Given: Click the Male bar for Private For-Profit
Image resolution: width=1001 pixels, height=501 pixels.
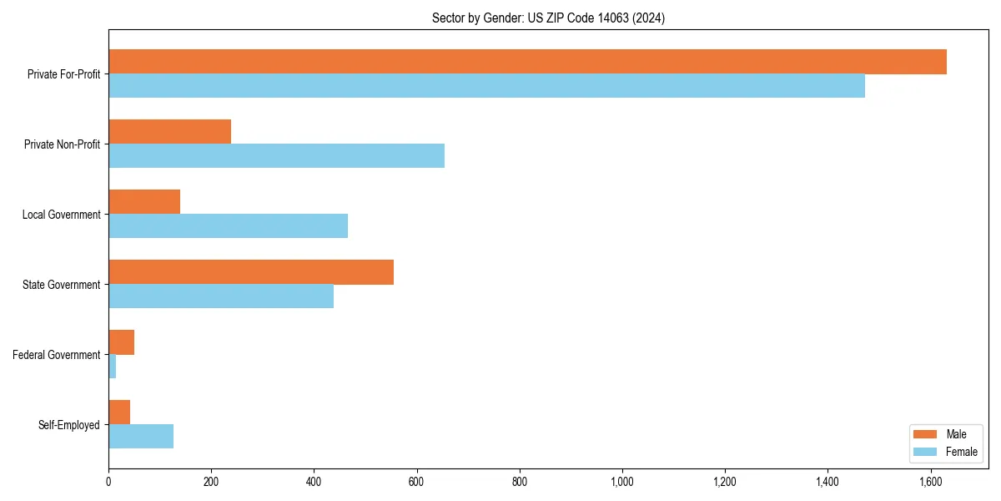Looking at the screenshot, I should [x=527, y=62].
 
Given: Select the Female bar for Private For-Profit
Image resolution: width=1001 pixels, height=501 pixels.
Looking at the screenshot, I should [x=486, y=86].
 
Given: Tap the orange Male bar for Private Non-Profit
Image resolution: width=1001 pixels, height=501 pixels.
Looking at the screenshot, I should [x=169, y=132].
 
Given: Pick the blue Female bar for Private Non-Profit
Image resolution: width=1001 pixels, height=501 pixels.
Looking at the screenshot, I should [x=276, y=156].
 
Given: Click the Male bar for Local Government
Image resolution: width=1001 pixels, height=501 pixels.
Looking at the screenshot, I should [x=144, y=202].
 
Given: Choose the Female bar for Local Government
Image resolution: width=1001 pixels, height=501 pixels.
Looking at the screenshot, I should [x=228, y=226].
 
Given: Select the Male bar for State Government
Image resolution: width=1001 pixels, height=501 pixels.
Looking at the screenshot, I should [x=251, y=272].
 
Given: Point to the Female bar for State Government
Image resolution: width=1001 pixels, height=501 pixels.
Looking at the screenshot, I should [x=221, y=296].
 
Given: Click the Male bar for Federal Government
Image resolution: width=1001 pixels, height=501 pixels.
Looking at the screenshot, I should [x=122, y=342].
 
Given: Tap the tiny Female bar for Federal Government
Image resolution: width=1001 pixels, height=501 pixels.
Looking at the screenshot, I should [x=113, y=367].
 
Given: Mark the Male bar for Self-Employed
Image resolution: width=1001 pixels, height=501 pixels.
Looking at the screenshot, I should [x=119, y=412].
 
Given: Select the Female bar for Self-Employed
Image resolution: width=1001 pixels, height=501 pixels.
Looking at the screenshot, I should [x=141, y=437].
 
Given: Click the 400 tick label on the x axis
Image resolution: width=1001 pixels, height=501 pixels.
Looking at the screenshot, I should [x=314, y=482].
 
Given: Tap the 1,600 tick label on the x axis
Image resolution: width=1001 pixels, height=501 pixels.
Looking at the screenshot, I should [x=930, y=482].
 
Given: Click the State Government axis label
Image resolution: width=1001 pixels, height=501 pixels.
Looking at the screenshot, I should [x=61, y=285].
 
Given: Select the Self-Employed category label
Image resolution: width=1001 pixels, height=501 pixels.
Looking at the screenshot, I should [x=68, y=425].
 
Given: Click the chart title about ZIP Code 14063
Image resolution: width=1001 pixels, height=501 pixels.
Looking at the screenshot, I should [x=548, y=18].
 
